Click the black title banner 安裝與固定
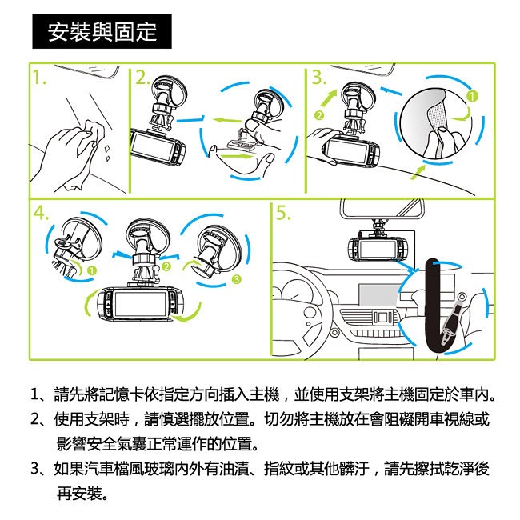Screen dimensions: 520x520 pyautogui.click(x=102, y=31)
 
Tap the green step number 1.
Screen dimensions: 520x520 pyautogui.click(x=39, y=78)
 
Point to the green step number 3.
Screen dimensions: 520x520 pyautogui.click(x=319, y=78)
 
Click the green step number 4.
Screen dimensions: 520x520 pyautogui.click(x=41, y=213)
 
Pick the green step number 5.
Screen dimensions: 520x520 pyautogui.click(x=283, y=213)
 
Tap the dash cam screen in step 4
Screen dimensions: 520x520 pyautogui.click(x=140, y=305)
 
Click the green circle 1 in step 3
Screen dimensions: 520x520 pyautogui.click(x=472, y=96)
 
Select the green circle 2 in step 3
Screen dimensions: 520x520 pyautogui.click(x=319, y=115)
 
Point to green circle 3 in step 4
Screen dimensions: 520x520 pyautogui.click(x=236, y=279)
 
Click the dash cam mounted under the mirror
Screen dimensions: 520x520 pyautogui.click(x=377, y=247)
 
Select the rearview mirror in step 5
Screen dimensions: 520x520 pyautogui.click(x=382, y=208)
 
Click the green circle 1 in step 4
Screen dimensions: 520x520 pyautogui.click(x=92, y=271)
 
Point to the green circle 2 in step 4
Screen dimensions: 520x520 pyautogui.click(x=166, y=266)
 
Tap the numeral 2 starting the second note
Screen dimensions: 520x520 pyautogui.click(x=35, y=419)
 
